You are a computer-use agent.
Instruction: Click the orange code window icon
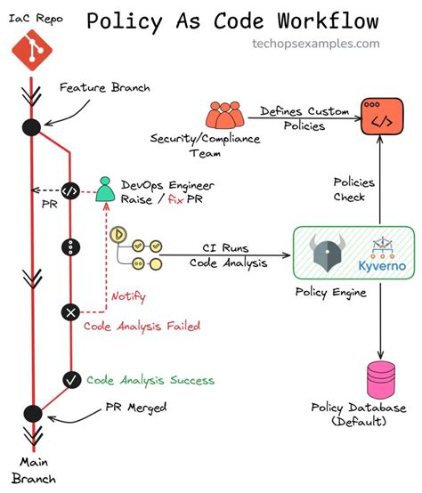pos(378,117)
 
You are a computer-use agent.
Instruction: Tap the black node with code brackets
pos(70,190)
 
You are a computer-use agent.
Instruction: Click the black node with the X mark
pos(70,311)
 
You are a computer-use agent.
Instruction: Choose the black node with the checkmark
pos(70,379)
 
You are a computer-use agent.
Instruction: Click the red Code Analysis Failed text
pos(142,326)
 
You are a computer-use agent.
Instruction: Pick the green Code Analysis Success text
pos(150,380)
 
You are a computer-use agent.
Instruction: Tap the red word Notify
pos(127,296)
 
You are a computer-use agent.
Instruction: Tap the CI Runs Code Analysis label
pos(223,255)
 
